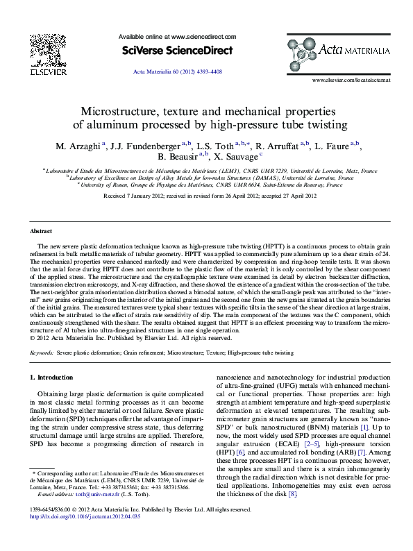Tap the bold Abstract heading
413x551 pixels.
41,230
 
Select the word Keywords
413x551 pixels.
42,333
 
